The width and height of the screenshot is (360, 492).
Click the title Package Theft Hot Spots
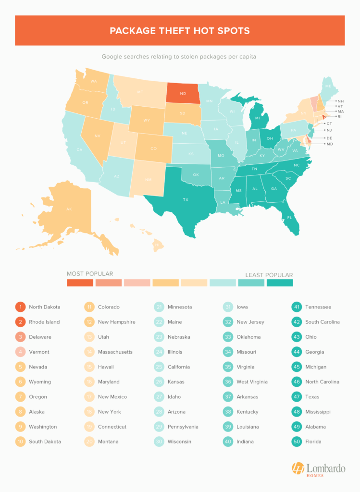click(180, 31)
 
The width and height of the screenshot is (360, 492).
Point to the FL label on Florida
click(289, 218)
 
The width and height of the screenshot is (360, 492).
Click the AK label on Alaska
click(69, 209)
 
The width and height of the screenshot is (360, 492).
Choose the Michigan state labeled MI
click(258, 118)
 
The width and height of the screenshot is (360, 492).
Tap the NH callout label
click(340, 101)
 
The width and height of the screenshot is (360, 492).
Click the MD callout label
click(329, 144)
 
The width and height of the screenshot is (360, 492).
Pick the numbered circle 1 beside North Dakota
click(20, 307)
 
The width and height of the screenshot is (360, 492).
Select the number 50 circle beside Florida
click(298, 441)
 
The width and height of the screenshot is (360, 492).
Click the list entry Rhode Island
click(45, 322)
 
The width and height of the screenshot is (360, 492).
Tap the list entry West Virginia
click(252, 382)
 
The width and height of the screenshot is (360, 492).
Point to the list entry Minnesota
click(179, 307)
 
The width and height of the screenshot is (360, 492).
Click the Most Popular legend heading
click(90, 274)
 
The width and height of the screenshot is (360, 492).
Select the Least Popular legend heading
click(269, 275)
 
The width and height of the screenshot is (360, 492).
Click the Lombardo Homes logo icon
click(298, 469)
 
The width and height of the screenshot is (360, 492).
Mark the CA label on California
click(80, 150)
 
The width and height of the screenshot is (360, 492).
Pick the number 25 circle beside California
click(159, 367)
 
